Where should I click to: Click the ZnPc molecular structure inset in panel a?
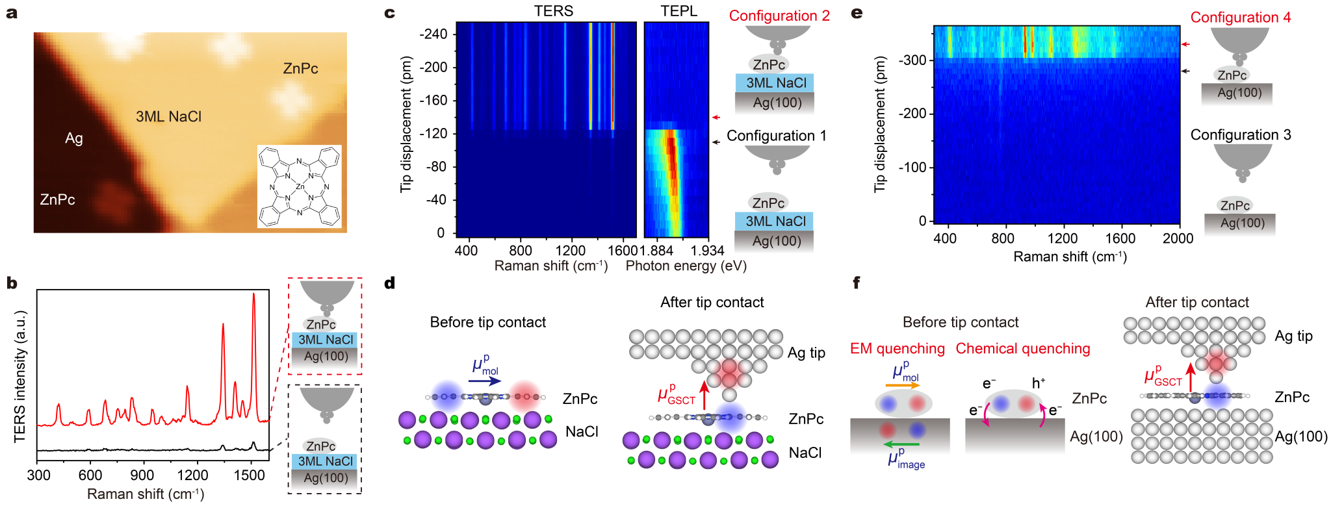click(299, 186)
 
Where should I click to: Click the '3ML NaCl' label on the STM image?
click(168, 117)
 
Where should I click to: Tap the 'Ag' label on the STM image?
click(74, 138)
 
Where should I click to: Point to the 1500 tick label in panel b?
click(249, 475)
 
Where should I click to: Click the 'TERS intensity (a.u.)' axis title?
click(20, 377)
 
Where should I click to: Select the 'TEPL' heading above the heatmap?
click(678, 11)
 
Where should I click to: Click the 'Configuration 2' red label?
click(779, 16)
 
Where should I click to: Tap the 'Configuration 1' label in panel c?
click(776, 136)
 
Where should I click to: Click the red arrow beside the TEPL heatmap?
click(716, 118)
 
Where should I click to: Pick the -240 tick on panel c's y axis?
click(433, 34)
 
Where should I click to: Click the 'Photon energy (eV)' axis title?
click(686, 266)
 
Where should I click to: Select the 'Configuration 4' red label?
click(1240, 18)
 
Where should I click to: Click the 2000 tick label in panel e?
click(1178, 238)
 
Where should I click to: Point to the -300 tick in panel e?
click(912, 60)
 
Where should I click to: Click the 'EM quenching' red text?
click(897, 349)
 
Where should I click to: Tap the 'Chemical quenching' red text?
click(1022, 349)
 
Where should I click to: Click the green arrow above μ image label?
click(901, 444)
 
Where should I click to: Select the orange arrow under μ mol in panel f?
click(903, 385)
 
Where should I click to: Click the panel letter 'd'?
click(389, 283)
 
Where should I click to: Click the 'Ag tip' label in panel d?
click(806, 353)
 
